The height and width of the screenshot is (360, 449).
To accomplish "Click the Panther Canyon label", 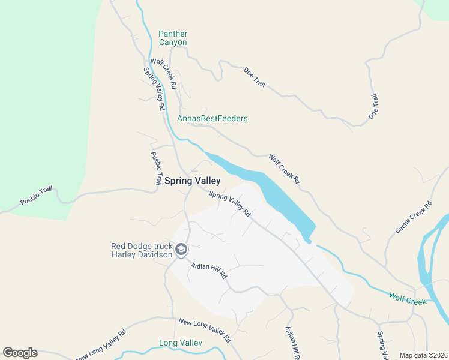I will coord(173,38).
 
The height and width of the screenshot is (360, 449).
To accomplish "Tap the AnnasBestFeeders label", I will coord(212,118).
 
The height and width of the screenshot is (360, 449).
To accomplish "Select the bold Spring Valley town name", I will coord(192,181).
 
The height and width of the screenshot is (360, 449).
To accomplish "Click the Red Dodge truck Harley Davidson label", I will coord(141,250).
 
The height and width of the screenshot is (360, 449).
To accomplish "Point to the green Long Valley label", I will coord(180,343).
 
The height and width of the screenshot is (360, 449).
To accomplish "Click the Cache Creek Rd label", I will coord(414,218).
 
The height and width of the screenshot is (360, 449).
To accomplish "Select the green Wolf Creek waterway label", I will coord(407,298).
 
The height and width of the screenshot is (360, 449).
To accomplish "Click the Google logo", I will coord(20,353).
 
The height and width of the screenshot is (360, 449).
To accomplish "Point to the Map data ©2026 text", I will coord(423,355).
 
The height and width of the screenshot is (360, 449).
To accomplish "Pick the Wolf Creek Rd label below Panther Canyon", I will coord(164,74).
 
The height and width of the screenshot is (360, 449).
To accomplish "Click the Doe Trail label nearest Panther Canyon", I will coord(254,77).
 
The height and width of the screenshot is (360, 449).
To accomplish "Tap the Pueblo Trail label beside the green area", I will coord(37,196).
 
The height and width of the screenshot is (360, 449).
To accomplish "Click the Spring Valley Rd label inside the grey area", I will coord(229,203).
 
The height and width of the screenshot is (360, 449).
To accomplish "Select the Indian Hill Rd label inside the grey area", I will coord(209,271).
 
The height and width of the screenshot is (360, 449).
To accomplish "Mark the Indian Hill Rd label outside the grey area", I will coord(292,341).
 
